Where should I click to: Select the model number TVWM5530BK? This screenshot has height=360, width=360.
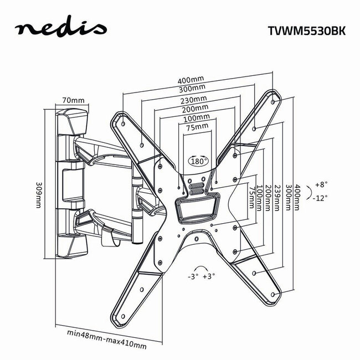click(299, 31)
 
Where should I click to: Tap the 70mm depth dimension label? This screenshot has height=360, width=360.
click(73, 100)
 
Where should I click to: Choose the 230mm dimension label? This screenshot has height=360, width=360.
click(194, 100)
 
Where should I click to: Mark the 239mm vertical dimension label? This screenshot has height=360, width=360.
click(277, 196)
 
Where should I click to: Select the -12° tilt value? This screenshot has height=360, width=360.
click(320, 197)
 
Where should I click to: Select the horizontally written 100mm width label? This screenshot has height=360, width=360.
click(198, 118)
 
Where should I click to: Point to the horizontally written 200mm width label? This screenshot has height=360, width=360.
click(198, 109)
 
